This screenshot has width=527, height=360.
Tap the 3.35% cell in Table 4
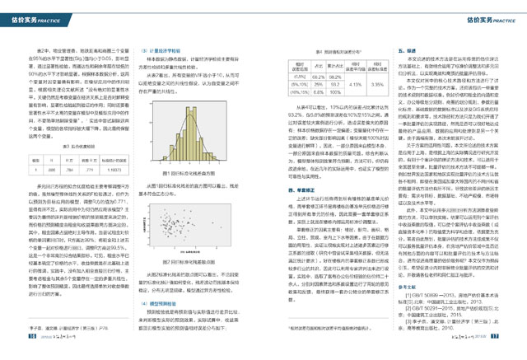pyautogui.click(x=373, y=84)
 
